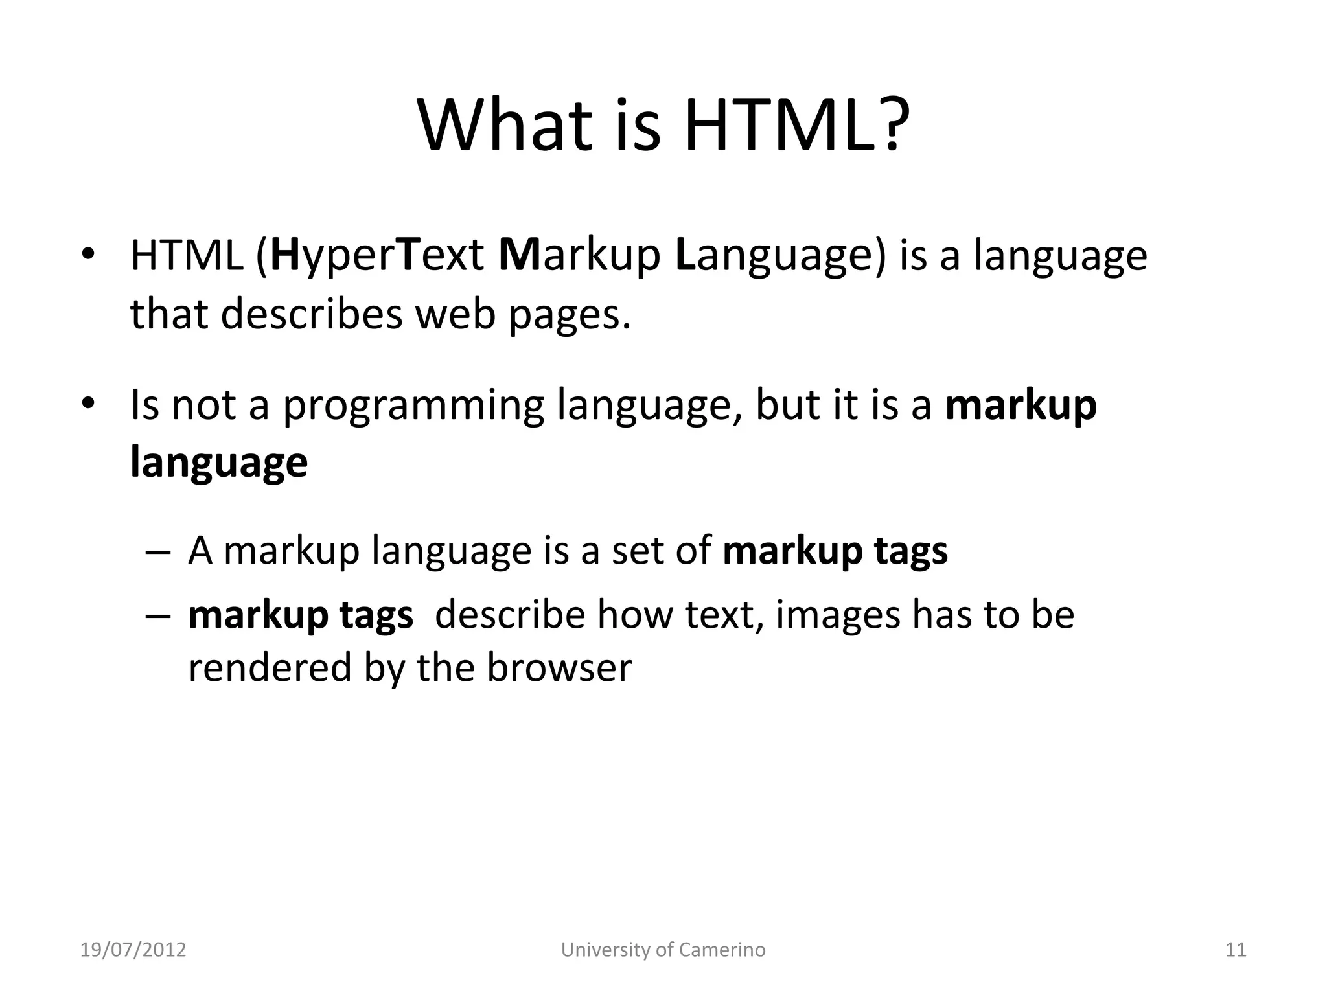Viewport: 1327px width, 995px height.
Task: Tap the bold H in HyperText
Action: click(x=284, y=255)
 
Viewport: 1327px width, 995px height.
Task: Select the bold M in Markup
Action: click(x=519, y=255)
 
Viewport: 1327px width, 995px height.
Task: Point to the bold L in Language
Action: click(x=685, y=255)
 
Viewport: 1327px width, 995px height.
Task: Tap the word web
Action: click(x=455, y=314)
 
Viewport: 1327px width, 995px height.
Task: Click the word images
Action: click(x=837, y=614)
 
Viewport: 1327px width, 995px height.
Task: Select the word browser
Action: click(x=559, y=667)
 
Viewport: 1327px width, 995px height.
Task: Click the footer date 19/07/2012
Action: click(x=133, y=950)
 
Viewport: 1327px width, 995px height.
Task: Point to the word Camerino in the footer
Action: click(x=722, y=950)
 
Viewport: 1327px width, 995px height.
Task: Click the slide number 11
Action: click(x=1236, y=950)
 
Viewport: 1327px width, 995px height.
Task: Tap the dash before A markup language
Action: click(x=158, y=553)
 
